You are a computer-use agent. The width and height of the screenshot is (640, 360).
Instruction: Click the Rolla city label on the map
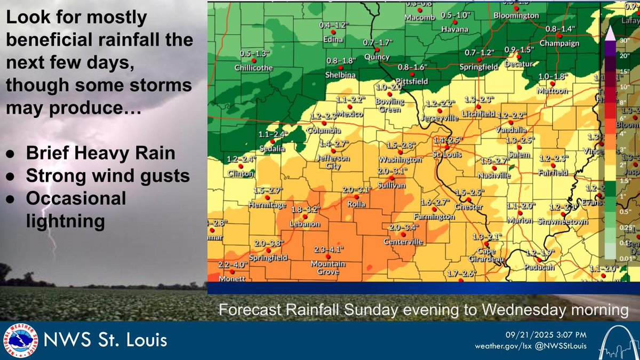356,203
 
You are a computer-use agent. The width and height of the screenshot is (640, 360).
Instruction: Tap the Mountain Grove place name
328,268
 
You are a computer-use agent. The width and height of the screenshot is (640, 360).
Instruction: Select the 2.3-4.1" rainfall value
328,249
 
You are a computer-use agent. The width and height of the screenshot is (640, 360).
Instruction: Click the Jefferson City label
332,162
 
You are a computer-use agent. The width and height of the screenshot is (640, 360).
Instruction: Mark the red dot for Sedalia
273,142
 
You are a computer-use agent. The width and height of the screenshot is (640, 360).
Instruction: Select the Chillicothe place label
254,68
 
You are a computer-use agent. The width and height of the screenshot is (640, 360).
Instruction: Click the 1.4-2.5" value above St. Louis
447,140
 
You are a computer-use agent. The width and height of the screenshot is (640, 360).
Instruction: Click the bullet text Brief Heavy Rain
100,154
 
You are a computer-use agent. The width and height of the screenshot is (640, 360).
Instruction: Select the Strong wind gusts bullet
108,176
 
